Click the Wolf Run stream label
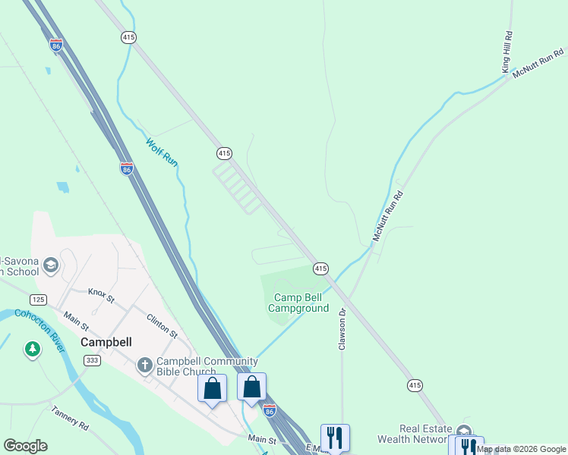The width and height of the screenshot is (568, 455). [162, 153]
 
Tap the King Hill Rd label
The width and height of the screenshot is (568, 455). [508, 52]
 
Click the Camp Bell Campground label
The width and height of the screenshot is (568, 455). [301, 303]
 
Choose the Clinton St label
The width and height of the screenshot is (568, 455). [162, 327]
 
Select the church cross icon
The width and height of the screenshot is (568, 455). [145, 366]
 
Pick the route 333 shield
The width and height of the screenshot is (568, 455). [92, 361]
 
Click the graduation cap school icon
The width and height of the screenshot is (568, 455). [51, 265]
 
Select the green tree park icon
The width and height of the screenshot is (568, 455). [32, 350]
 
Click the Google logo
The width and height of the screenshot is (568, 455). [26, 446]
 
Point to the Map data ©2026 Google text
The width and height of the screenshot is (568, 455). [522, 450]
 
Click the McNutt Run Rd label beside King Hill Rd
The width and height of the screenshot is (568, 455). [540, 64]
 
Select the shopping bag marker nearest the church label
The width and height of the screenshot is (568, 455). [213, 388]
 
